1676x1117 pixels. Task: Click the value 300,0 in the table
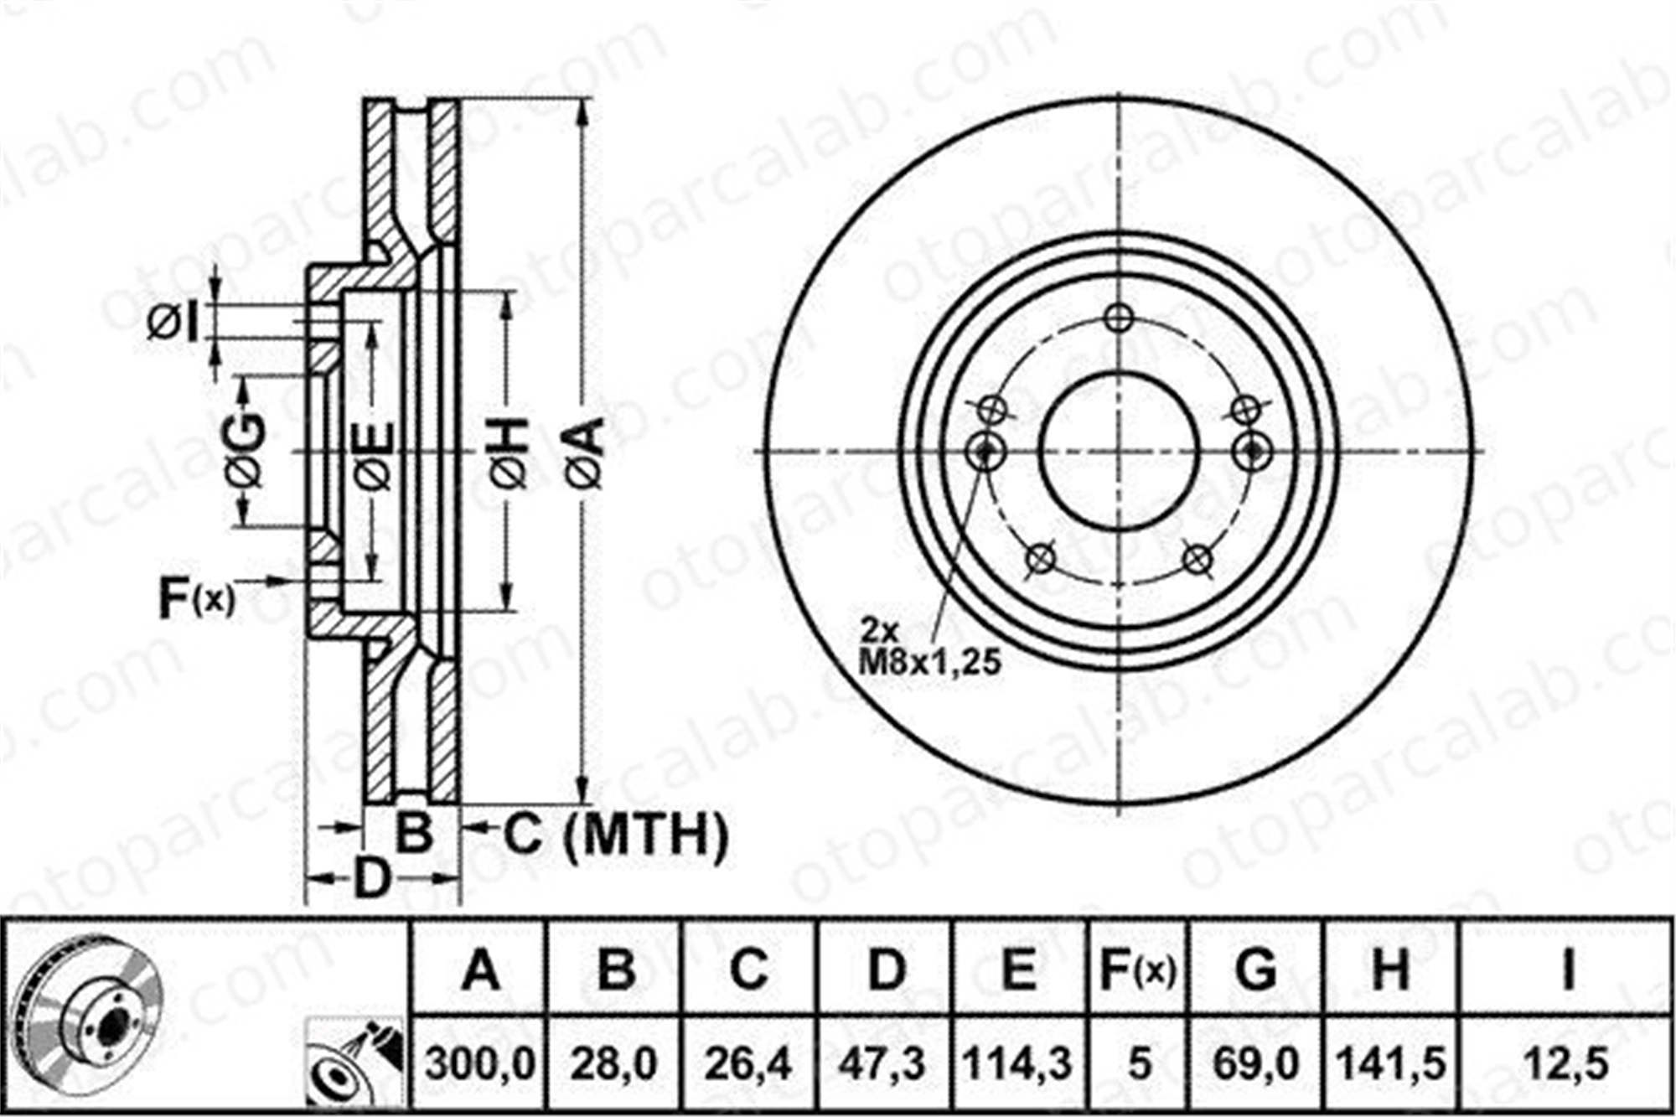[479, 1064]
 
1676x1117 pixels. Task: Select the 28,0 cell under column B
[614, 1064]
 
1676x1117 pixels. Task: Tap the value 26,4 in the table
[748, 1064]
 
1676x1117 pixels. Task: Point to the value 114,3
[1018, 1064]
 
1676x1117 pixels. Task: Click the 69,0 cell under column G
[1256, 1064]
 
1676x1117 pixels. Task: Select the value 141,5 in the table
[1391, 1064]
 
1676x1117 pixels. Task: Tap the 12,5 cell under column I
[1567, 1064]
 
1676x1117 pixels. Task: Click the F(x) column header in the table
[1137, 970]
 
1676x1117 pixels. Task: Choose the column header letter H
[1390, 970]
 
